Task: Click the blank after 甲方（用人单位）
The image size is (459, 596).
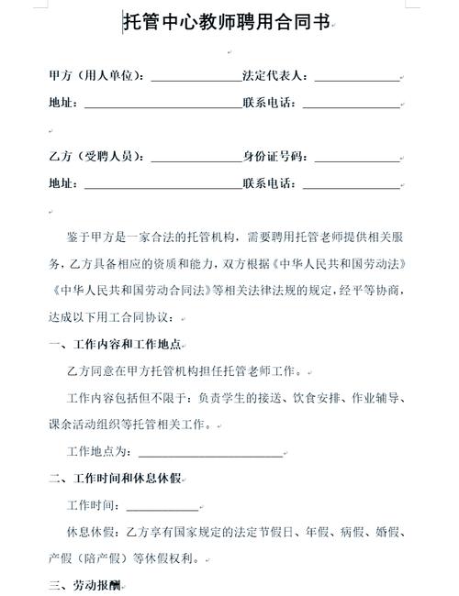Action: point(195,77)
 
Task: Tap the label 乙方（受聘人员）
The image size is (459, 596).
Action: point(96,157)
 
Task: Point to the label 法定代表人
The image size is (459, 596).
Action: point(274,76)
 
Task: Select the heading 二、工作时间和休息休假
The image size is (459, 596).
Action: point(114,479)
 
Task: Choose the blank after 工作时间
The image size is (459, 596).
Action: point(162,505)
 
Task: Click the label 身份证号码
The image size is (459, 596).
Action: point(274,157)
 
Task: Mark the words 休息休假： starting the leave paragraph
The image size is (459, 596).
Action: point(95,532)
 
